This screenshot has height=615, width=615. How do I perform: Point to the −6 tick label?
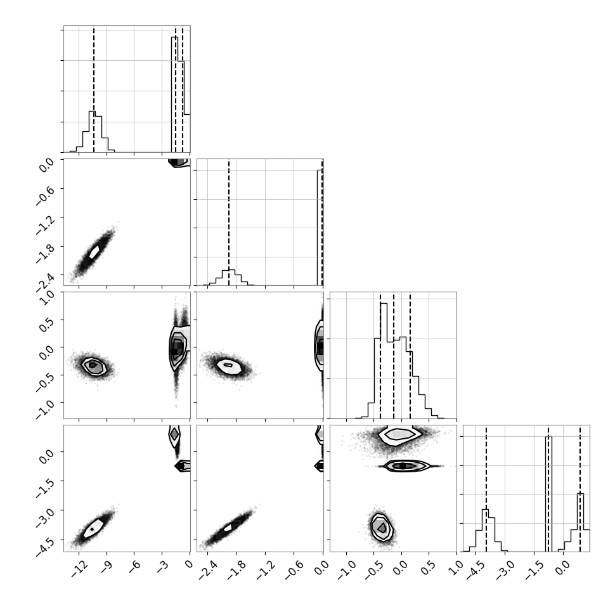tap(134, 568)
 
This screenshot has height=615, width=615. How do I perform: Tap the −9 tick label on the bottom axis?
tap(107, 568)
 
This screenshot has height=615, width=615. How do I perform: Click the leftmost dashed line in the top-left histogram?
tap(94, 90)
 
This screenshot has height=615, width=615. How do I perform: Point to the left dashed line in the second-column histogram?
tap(229, 223)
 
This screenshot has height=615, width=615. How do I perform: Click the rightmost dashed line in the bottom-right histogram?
tap(579, 489)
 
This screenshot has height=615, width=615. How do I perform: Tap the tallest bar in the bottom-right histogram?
tap(548, 494)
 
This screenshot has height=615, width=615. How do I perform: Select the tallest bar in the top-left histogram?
tap(174, 94)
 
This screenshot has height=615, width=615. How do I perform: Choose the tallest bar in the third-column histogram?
tap(384, 361)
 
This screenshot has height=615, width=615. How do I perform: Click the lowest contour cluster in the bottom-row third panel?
tap(381, 527)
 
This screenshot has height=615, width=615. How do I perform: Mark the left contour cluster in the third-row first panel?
tap(94, 366)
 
